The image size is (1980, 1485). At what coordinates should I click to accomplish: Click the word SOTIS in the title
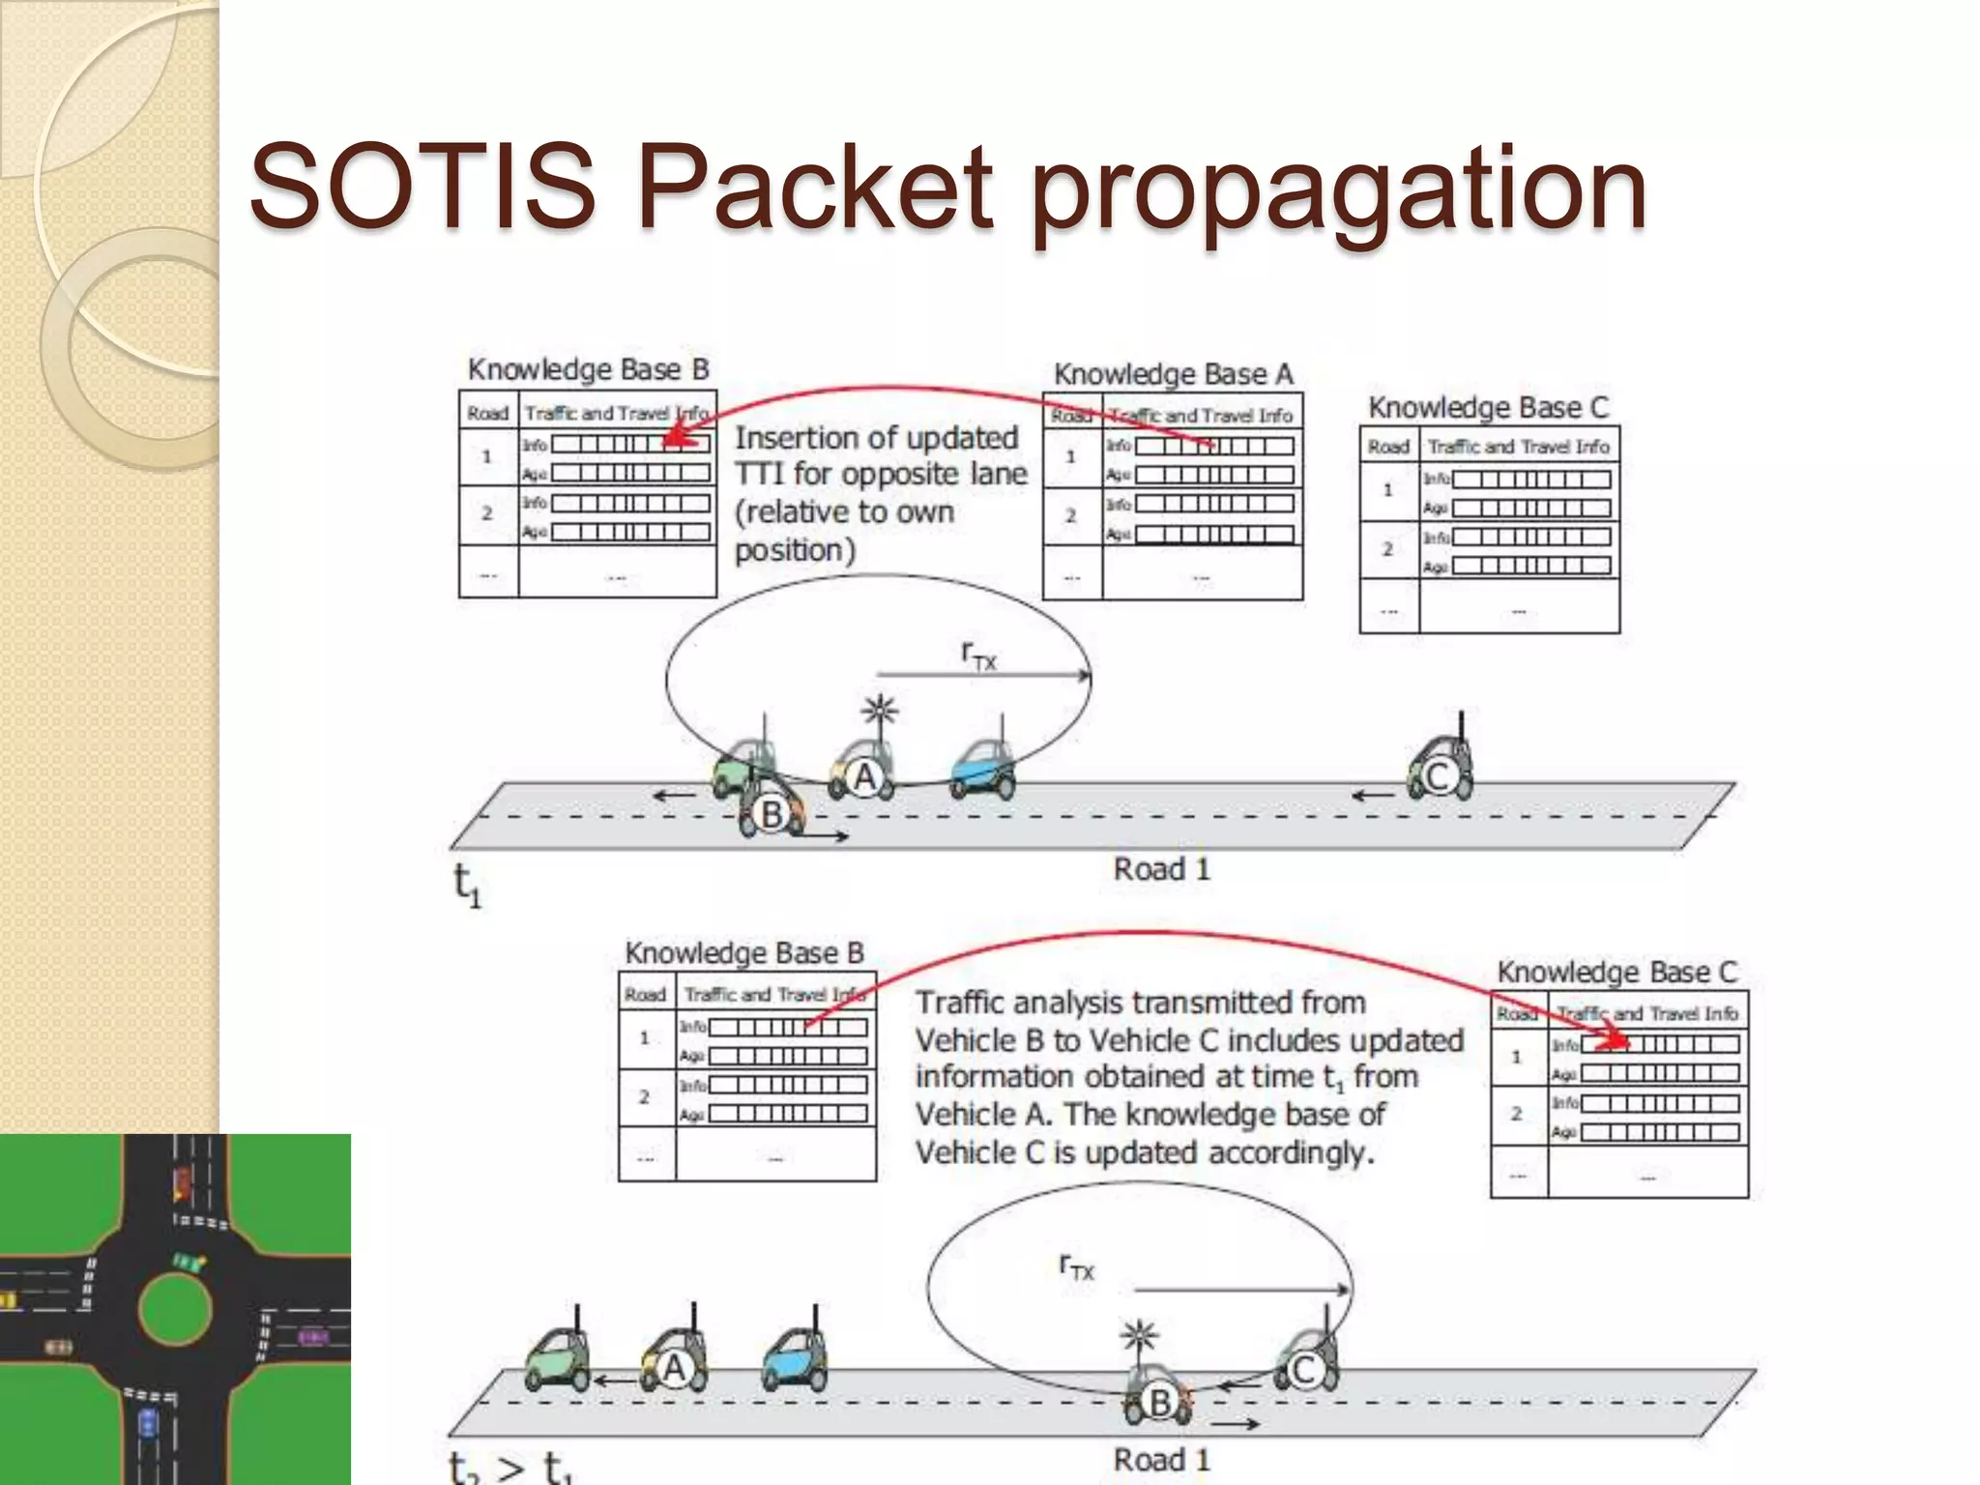tap(422, 186)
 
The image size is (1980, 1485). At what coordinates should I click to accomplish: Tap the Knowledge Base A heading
tap(1173, 374)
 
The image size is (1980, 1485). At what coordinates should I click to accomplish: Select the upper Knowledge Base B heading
tap(588, 369)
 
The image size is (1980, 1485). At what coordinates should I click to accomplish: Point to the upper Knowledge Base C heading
tap(1488, 407)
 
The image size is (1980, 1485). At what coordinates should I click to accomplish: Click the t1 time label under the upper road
tap(467, 884)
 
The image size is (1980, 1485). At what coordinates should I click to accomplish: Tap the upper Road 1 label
tap(1161, 869)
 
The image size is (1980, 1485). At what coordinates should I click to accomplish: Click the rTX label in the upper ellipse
tap(978, 656)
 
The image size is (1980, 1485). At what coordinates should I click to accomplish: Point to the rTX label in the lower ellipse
tap(1076, 1267)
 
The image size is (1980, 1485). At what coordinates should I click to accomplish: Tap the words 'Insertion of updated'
tap(876, 438)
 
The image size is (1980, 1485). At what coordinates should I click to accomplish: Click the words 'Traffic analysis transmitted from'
tap(1140, 1003)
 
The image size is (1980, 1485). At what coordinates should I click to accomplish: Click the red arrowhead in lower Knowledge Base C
tap(1616, 1043)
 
